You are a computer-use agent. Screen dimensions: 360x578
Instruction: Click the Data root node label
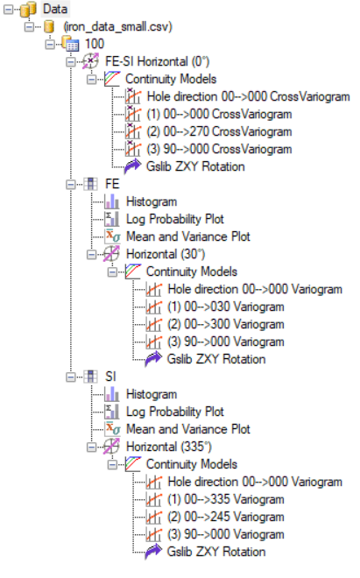55,9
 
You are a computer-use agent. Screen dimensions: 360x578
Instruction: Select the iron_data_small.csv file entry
117,26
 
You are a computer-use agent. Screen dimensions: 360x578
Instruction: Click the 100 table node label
95,44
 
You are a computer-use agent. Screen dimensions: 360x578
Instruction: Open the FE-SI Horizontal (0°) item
157,61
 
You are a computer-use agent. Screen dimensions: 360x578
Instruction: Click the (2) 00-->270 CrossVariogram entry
219,131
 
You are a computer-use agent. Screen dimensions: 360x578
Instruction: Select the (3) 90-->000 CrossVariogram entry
219,149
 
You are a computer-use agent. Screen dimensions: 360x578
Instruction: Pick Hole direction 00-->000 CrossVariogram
248,96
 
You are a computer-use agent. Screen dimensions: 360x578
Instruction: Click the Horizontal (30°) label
166,254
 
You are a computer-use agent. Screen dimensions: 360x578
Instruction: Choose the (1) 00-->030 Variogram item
226,307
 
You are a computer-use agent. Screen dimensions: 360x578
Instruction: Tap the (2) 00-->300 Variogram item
226,324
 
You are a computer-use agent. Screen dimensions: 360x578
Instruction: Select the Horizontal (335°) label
168,447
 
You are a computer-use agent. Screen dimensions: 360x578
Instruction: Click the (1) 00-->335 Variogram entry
226,499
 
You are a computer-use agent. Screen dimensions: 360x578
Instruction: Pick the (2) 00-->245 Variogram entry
226,517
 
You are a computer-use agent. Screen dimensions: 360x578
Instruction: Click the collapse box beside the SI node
70,377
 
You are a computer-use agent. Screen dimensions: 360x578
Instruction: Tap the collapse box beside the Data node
8,9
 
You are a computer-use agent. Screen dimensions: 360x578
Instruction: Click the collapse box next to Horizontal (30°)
91,254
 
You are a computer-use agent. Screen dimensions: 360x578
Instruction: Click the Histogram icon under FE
111,201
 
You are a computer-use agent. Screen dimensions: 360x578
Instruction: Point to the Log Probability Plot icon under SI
111,412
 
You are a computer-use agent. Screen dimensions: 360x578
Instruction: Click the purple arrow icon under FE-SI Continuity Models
132,166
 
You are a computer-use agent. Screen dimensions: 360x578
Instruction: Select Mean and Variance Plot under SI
188,429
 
